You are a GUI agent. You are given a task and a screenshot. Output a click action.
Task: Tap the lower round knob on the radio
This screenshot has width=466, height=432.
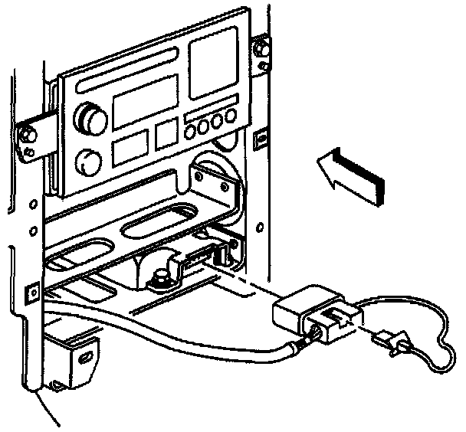pyautogui.click(x=90, y=161)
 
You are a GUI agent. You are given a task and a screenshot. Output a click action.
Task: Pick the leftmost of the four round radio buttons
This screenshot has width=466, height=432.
pyautogui.click(x=191, y=129)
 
